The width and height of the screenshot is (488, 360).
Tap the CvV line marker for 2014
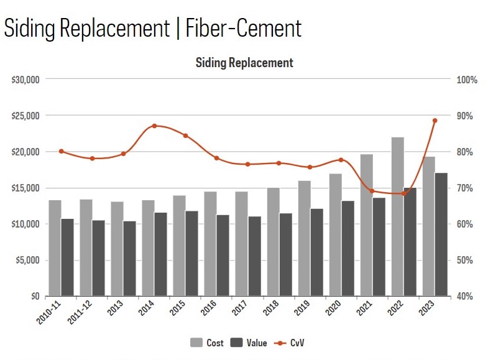coord(154,126)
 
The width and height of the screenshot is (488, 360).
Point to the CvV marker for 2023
coord(435,121)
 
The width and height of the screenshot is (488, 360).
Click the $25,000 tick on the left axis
coord(25,116)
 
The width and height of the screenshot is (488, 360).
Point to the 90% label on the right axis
coord(465,116)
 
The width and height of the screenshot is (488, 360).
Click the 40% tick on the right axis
coord(465,296)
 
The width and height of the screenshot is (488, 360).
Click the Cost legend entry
coord(207,343)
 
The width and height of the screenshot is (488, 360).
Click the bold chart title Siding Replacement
coord(244,63)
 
